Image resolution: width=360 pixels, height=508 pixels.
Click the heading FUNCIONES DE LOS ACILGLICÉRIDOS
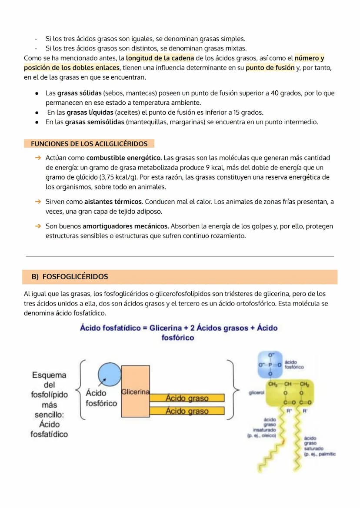pyautogui.click(x=89, y=144)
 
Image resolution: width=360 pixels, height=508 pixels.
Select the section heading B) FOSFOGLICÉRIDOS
pyautogui.click(x=70, y=277)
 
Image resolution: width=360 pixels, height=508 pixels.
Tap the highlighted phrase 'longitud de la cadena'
pyautogui.click(x=160, y=58)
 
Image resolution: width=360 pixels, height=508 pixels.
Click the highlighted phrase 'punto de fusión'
pyautogui.click(x=270, y=68)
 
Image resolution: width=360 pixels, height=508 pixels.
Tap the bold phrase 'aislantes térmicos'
pyautogui.click(x=113, y=202)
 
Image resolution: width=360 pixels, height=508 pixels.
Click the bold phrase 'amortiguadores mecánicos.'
pyautogui.click(x=126, y=226)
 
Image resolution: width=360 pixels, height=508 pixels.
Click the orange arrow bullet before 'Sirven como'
pyautogui.click(x=38, y=202)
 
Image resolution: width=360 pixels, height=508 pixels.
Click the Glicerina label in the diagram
pyautogui.click(x=135, y=392)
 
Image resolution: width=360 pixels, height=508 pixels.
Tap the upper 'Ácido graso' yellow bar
pyautogui.click(x=187, y=398)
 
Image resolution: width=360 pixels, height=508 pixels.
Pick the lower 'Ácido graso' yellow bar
pyautogui.click(x=187, y=411)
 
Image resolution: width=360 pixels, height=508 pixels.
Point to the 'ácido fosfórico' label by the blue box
pyautogui.click(x=294, y=364)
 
